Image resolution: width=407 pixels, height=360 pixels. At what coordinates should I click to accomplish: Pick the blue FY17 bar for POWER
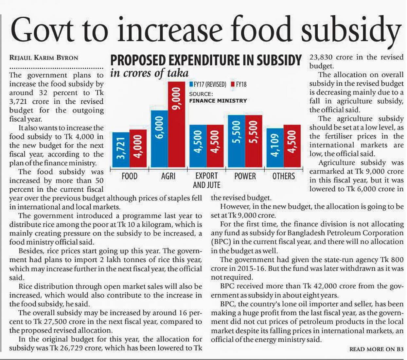[x=237, y=141]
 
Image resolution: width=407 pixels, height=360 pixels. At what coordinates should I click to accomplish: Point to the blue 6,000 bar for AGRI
[x=159, y=139]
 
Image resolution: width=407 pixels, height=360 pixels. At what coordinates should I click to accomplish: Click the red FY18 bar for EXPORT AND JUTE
[x=215, y=146]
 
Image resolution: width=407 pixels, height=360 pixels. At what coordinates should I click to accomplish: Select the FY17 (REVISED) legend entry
[x=208, y=84]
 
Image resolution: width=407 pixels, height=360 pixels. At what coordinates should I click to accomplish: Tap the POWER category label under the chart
[x=245, y=176]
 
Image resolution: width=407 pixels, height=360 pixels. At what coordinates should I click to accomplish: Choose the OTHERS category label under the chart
[x=284, y=176]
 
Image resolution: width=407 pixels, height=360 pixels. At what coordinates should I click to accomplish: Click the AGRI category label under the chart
[x=168, y=176]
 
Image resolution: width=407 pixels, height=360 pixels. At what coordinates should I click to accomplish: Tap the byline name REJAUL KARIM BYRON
[x=44, y=58]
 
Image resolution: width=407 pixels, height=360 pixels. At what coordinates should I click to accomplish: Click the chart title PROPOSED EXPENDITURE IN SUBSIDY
[x=206, y=61]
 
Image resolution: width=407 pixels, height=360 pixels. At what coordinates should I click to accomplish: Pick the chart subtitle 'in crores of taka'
[x=150, y=73]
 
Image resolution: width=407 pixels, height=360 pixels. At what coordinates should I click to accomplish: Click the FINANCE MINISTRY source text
[x=218, y=101]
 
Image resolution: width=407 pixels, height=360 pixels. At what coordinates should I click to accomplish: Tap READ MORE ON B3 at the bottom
[x=376, y=349]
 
